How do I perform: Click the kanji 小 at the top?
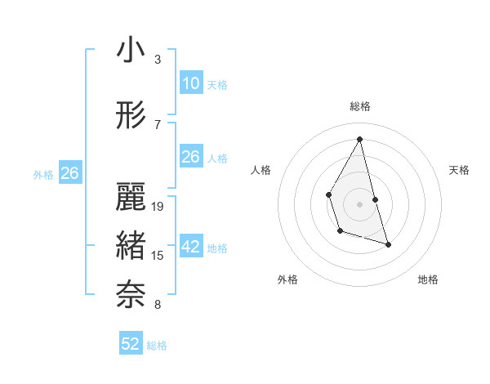(131, 51)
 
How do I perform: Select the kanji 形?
(131, 117)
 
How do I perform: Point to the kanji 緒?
(131, 247)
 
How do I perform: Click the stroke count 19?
(158, 207)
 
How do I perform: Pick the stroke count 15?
(158, 256)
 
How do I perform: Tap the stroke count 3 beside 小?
(158, 60)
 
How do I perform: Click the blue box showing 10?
(190, 83)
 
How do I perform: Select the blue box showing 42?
(190, 248)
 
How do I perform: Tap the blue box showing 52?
(131, 344)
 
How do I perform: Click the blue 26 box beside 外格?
(69, 173)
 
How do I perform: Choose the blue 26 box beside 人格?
(190, 157)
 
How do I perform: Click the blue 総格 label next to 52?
(157, 346)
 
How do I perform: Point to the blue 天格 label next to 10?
(217, 85)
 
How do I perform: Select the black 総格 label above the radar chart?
(360, 106)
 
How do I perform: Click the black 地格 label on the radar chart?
(428, 279)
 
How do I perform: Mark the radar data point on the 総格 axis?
(359, 139)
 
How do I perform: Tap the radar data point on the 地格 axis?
(388, 244)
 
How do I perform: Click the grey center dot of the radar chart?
(359, 203)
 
